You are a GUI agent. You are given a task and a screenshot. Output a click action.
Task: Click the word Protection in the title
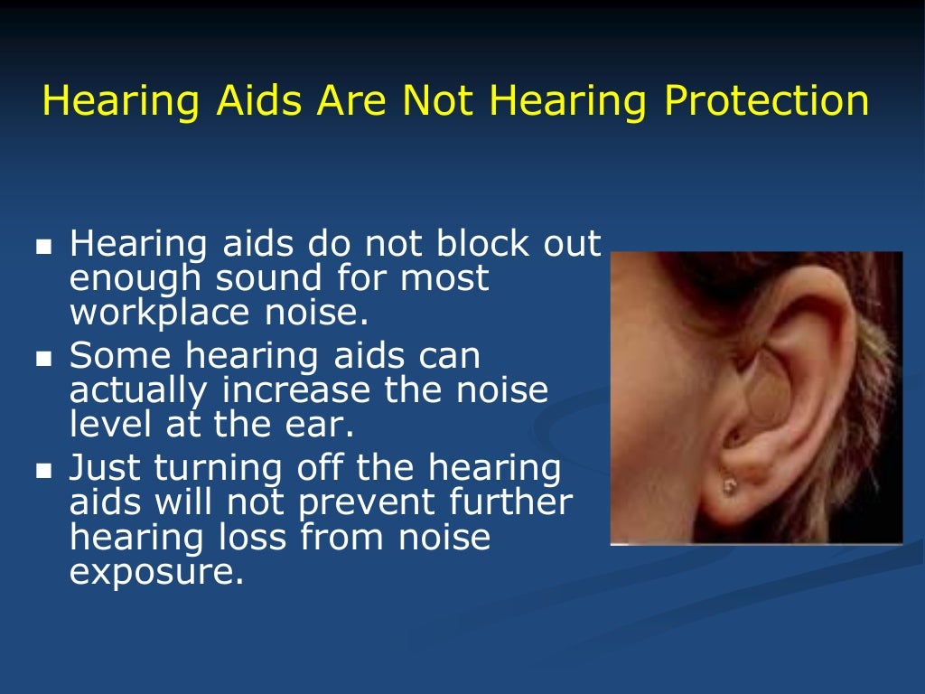click(767, 101)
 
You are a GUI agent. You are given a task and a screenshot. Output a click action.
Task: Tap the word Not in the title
click(437, 101)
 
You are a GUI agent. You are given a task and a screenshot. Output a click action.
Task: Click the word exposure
click(155, 571)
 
